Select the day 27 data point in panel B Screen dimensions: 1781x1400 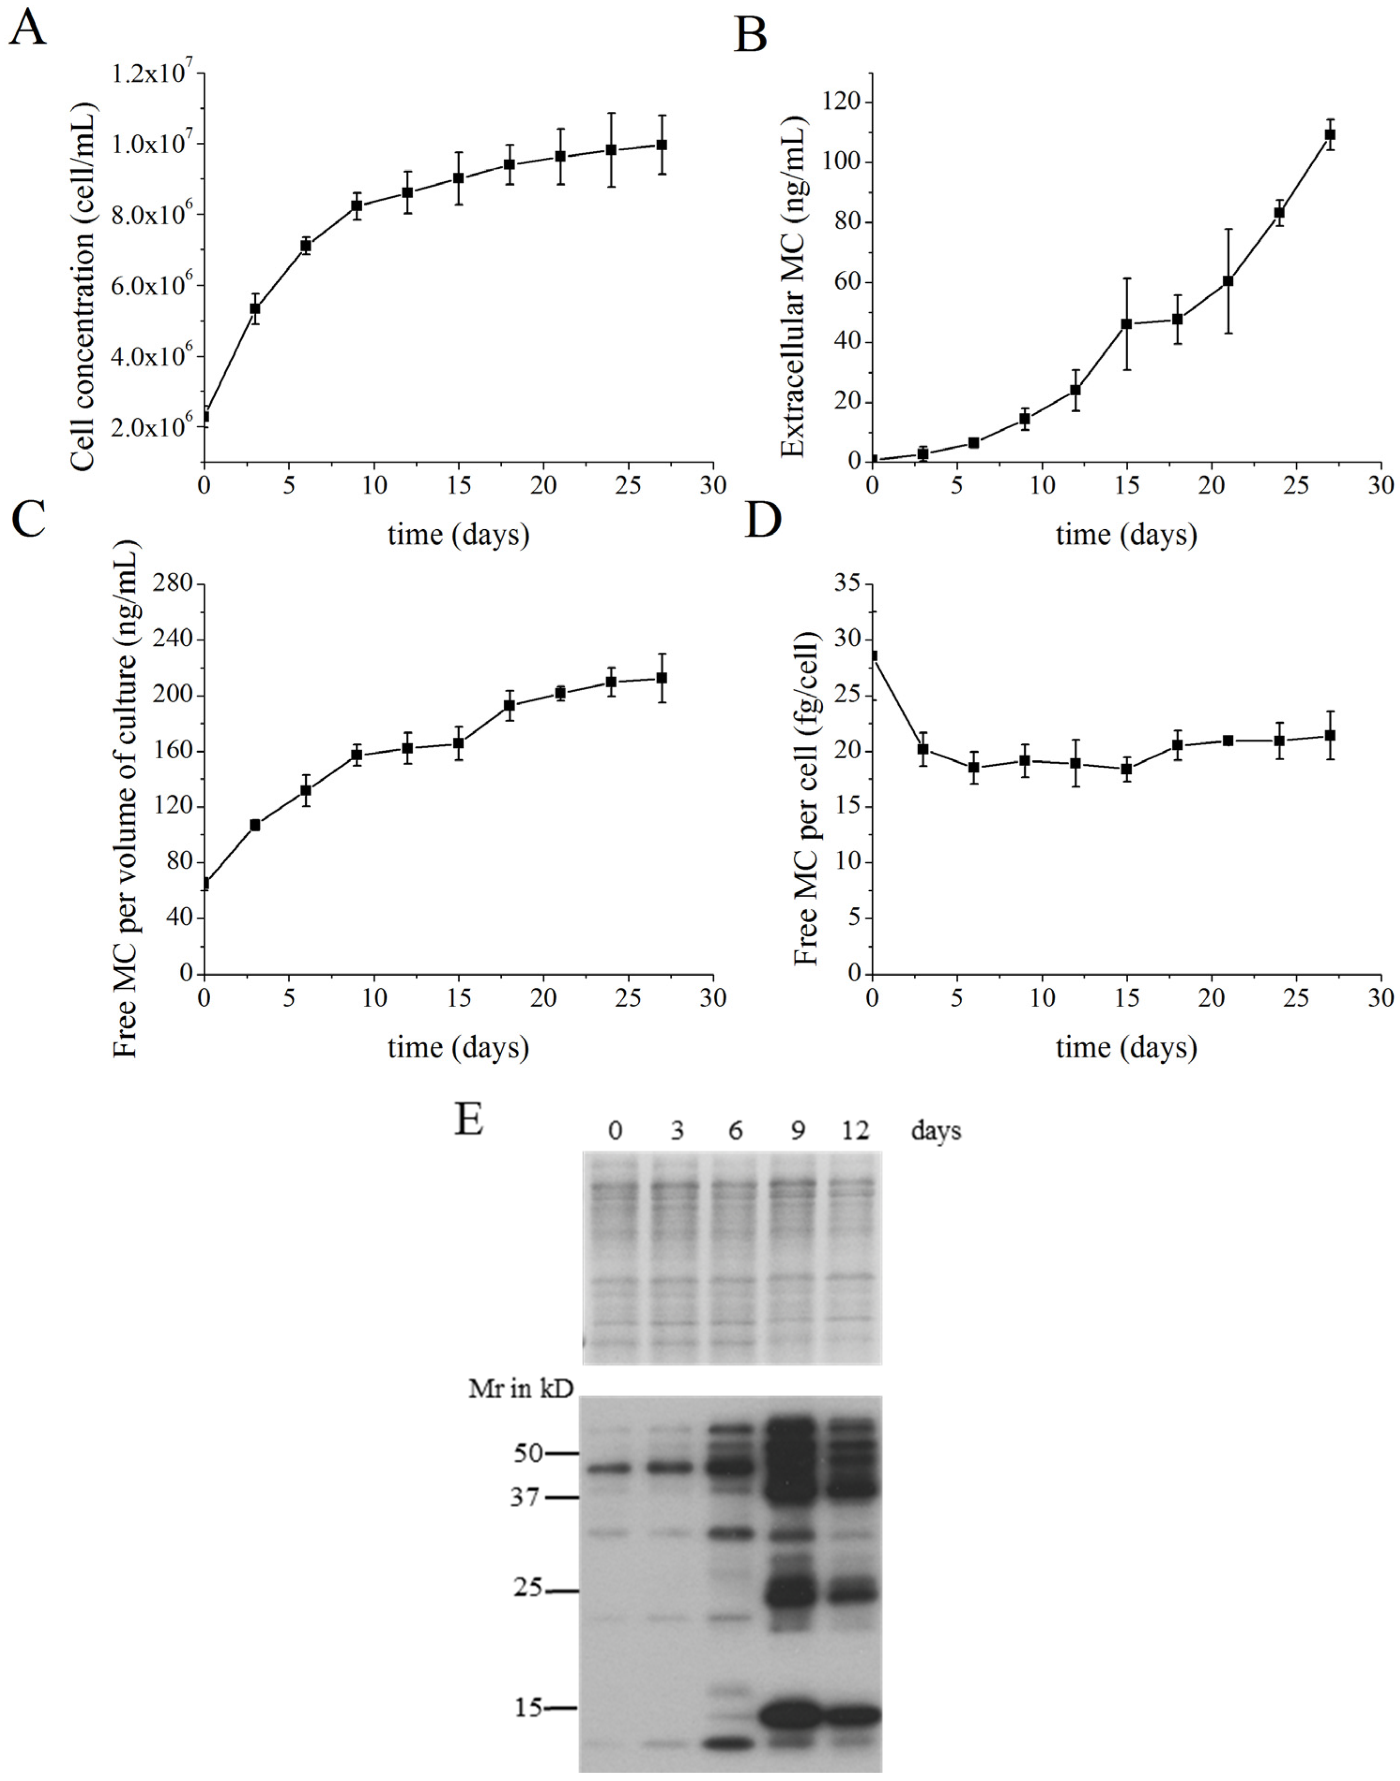coord(1330,134)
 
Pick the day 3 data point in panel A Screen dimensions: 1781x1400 coord(255,308)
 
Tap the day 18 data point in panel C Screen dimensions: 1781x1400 coord(509,705)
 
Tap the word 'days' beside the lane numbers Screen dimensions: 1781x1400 coord(935,1132)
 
